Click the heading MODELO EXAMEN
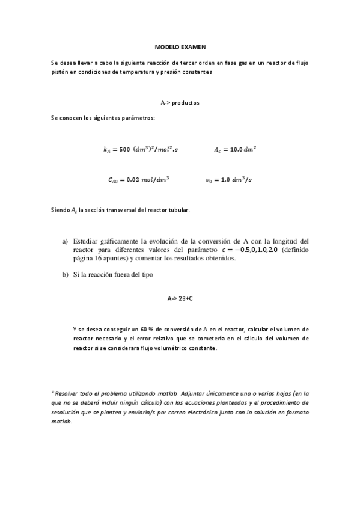tap(180, 46)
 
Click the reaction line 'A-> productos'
tap(180, 103)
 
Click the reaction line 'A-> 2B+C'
tap(180, 298)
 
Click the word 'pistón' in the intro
tap(61, 72)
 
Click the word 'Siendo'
tap(61, 210)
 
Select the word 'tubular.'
tap(178, 210)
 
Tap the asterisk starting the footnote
tap(53, 392)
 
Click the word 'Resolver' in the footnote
tap(67, 392)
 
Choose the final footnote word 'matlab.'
tap(61, 422)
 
